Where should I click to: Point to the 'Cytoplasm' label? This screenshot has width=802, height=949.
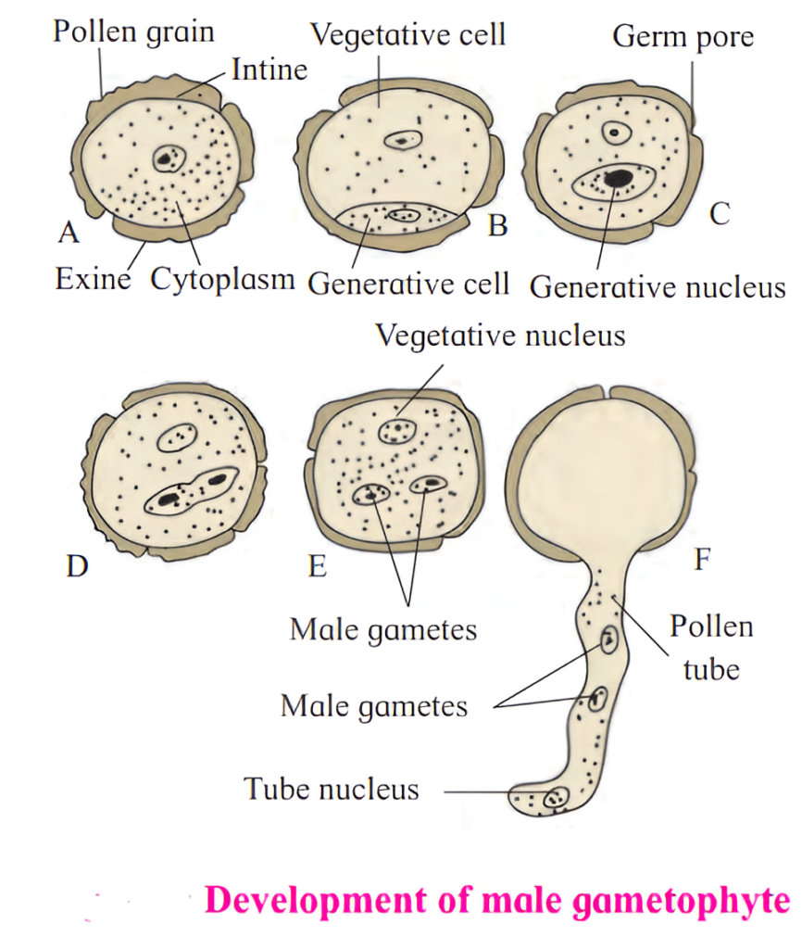(222, 278)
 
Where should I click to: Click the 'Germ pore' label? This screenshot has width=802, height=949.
(683, 37)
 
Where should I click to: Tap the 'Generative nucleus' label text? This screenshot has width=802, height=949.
(658, 286)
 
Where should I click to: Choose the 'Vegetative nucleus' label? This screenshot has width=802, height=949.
(500, 335)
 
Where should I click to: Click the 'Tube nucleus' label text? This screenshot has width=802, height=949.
(332, 789)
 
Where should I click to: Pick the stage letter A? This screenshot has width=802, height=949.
(68, 233)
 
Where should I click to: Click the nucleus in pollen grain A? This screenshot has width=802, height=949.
(168, 158)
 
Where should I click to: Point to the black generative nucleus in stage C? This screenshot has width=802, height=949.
(617, 176)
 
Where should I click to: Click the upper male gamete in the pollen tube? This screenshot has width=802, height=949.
(609, 639)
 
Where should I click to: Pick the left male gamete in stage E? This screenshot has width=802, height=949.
(372, 493)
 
